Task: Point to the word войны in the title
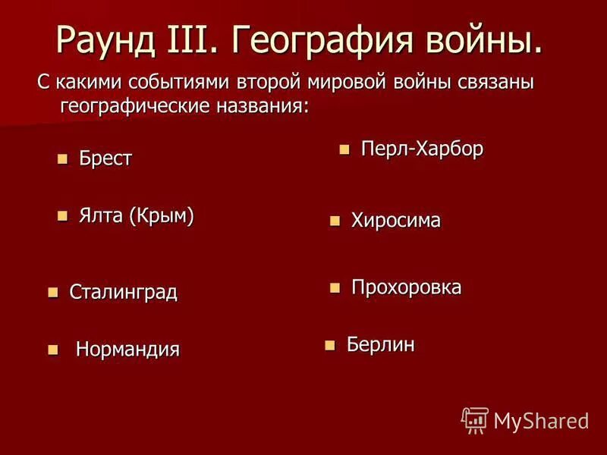tap(485, 37)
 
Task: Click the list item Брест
tap(105, 158)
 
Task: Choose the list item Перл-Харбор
tap(422, 149)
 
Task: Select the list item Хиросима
tap(395, 221)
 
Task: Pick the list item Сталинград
tap(123, 292)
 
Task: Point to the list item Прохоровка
tap(406, 287)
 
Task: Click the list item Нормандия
tap(127, 350)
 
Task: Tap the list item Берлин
tap(381, 345)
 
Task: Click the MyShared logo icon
tap(475, 419)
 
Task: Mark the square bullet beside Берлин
tap(329, 346)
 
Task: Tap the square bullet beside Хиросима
tap(334, 221)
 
